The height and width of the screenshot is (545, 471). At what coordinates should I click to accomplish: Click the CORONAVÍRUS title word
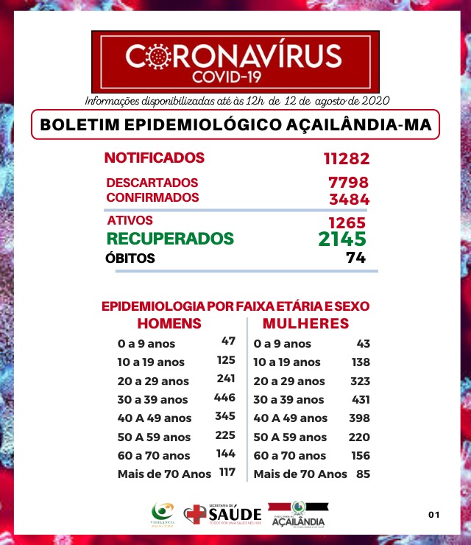pos(234,56)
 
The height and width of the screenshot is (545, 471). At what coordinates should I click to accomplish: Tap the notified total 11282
pos(345,158)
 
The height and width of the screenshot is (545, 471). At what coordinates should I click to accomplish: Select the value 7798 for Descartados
pos(348,183)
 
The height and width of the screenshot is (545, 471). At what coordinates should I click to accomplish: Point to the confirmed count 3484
pos(349,199)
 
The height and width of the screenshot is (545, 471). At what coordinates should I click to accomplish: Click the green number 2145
pos(342,239)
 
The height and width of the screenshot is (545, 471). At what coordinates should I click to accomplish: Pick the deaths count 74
pos(356,259)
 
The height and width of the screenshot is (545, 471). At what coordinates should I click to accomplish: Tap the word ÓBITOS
pos(131,259)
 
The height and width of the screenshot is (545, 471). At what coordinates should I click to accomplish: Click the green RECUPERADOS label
pos(170,239)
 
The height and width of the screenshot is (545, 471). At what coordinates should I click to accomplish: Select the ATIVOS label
pos(130,220)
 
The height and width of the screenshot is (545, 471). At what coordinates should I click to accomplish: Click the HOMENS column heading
pos(169,324)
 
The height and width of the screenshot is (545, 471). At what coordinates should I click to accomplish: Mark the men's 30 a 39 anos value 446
pos(224,398)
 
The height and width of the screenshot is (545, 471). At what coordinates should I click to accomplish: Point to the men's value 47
pos(227,342)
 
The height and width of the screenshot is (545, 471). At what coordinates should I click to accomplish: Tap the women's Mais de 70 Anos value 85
pos(362,474)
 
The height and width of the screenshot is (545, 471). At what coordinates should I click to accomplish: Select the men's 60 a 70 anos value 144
pos(225,454)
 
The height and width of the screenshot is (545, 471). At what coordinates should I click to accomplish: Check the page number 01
pos(433,514)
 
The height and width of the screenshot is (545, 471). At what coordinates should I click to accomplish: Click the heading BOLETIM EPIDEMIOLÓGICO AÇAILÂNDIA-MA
pos(235,124)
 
